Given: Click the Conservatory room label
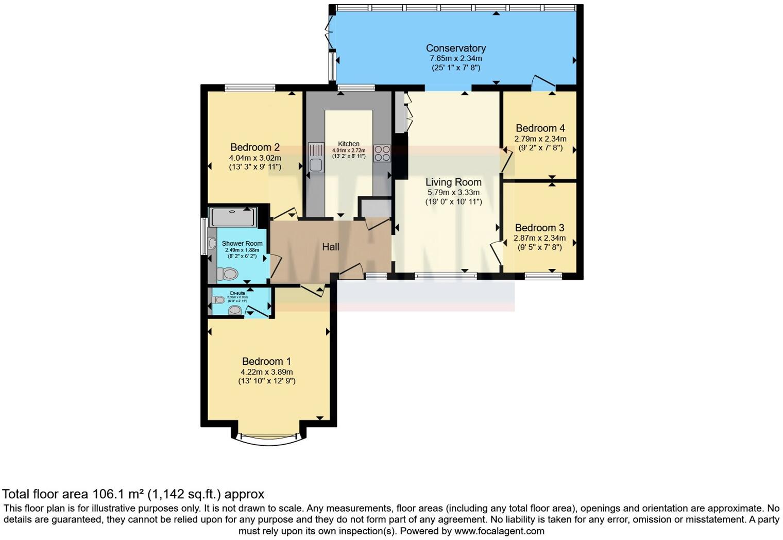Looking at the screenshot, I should (x=455, y=48).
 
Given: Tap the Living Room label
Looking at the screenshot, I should (x=453, y=182).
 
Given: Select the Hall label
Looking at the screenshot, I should (x=331, y=247).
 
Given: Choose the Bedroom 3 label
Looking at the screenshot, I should (x=539, y=228).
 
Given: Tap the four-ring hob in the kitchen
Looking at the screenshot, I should (x=382, y=154).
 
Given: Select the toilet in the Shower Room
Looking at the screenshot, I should (x=228, y=274).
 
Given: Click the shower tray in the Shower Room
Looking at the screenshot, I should (x=233, y=217).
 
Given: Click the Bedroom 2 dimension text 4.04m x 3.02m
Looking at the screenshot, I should (x=255, y=158).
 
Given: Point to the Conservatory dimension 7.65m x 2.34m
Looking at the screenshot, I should (x=456, y=59).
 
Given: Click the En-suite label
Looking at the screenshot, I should (x=237, y=293).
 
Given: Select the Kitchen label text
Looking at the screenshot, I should (x=349, y=144).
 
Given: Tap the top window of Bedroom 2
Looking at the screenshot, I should (x=250, y=88).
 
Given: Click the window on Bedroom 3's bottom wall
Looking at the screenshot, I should (x=543, y=277).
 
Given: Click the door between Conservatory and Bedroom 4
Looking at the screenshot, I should (x=543, y=82).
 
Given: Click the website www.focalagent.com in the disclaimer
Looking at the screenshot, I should (x=499, y=531).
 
